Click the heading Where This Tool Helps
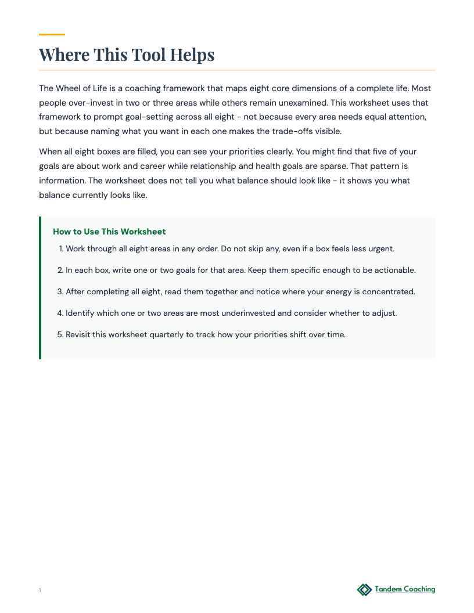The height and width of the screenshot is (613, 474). tap(127, 55)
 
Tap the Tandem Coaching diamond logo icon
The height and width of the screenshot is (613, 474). tap(364, 590)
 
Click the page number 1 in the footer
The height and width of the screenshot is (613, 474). tap(40, 590)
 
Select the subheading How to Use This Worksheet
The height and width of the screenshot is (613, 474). tap(109, 232)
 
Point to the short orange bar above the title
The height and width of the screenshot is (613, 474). tap(52, 35)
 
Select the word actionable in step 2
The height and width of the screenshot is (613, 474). tap(394, 270)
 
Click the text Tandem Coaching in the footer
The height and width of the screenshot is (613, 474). tap(405, 589)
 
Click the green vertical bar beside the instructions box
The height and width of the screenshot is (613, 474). tap(40, 288)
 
